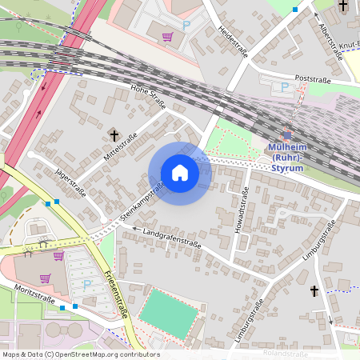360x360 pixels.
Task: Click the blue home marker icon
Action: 180,173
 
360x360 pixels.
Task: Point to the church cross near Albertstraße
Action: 342,6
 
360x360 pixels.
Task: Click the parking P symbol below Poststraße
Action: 284,87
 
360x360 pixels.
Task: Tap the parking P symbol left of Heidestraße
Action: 186,26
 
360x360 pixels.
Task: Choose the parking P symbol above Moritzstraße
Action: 88,285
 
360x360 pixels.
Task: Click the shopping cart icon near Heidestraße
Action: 167,37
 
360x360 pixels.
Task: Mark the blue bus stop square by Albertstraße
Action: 295,10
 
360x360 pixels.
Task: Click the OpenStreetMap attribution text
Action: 80,354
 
